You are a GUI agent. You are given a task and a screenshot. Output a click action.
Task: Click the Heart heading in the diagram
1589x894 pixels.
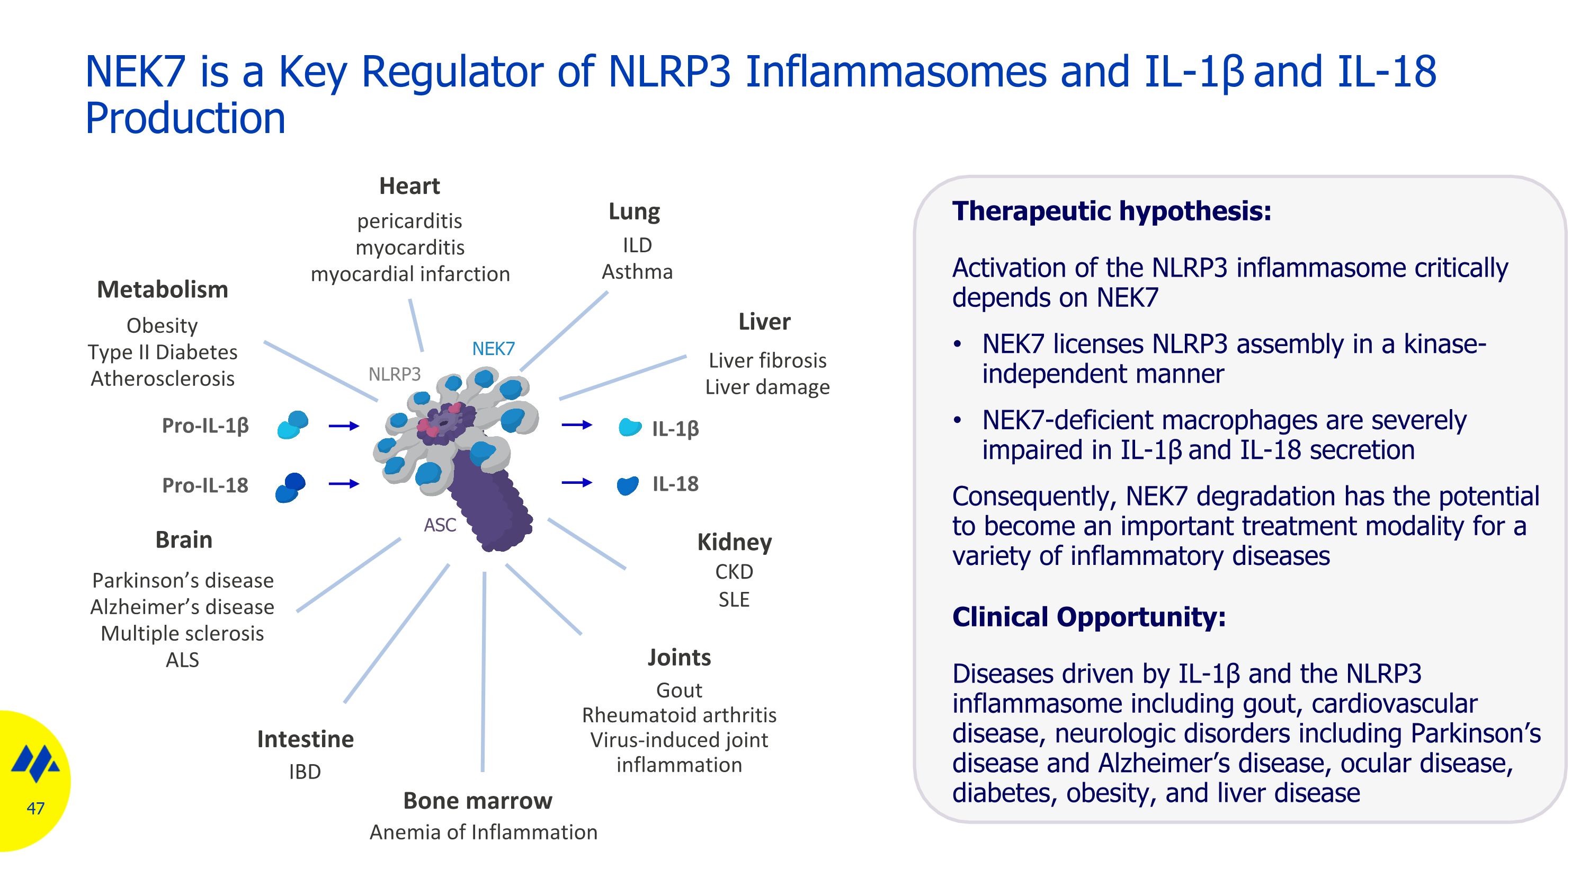pos(409,185)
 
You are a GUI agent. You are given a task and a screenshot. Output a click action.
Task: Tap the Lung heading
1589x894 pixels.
pos(634,211)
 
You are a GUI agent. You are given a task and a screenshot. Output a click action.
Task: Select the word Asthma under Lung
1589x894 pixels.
pos(637,271)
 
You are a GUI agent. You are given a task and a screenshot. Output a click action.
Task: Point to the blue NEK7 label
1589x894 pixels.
pos(493,349)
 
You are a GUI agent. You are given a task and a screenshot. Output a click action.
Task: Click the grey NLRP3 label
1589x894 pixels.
pos(394,374)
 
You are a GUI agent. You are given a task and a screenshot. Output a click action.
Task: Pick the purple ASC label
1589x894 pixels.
pos(440,525)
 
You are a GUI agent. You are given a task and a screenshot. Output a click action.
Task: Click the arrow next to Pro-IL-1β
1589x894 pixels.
pos(344,426)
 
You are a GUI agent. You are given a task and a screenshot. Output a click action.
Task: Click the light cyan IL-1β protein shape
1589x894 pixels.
pos(630,427)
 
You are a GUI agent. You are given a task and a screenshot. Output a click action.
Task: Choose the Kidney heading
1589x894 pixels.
pos(734,542)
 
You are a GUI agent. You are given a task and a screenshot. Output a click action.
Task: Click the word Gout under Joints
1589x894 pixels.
pos(679,690)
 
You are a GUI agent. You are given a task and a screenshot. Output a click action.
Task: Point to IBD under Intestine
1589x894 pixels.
pos(305,772)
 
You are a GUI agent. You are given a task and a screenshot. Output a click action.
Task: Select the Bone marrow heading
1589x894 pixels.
pos(477,801)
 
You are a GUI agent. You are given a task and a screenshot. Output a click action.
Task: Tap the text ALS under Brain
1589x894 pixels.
pos(183,660)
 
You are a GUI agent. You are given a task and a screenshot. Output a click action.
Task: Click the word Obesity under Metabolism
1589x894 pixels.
pos(162,325)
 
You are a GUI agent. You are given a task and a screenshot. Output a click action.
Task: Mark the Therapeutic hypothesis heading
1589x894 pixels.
pos(1112,211)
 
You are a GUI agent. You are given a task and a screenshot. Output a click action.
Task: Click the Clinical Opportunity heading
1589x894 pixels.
pos(1089,617)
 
